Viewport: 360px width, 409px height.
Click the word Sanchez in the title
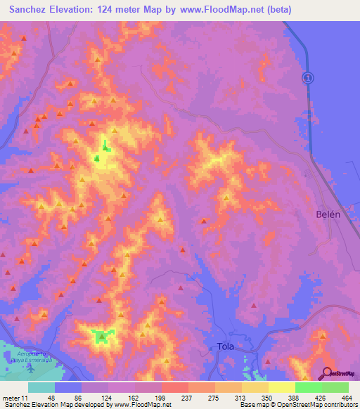(x=32, y=10)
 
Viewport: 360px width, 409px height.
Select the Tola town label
(x=225, y=346)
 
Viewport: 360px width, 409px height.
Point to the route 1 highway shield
(x=307, y=77)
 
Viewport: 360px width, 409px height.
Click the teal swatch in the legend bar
(x=41, y=388)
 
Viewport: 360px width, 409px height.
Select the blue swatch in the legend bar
(x=68, y=388)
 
